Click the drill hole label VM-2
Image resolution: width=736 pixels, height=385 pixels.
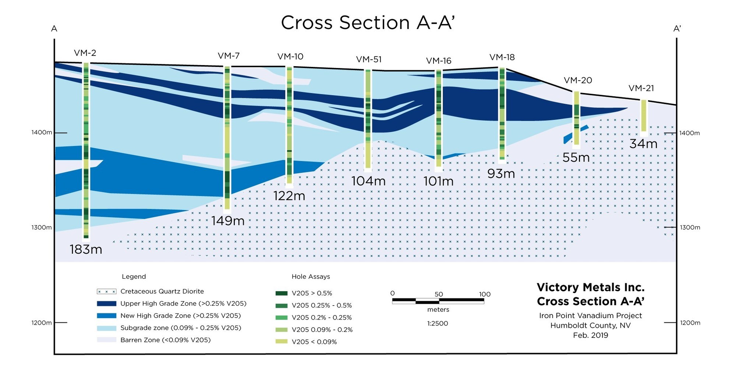(x=85, y=53)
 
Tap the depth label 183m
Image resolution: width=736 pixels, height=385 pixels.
(x=86, y=250)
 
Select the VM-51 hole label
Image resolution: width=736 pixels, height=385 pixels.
(x=369, y=60)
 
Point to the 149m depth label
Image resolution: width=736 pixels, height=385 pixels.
(x=228, y=221)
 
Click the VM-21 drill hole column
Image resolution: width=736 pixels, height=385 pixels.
(x=644, y=115)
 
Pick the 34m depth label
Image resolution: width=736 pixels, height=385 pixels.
(x=643, y=144)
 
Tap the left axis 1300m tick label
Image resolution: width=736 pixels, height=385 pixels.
(x=42, y=228)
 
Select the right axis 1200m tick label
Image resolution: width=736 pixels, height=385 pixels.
(x=690, y=323)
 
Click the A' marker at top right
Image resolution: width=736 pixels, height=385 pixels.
(x=677, y=29)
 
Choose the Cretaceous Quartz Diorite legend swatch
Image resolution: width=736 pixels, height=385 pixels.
(x=106, y=292)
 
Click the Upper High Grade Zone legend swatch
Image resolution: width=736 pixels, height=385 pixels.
(x=106, y=304)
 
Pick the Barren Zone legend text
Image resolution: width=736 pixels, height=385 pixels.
(x=165, y=340)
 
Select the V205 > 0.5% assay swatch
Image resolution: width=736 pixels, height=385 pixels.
(x=282, y=293)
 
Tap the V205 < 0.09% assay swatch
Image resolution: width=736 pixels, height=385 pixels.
(x=282, y=342)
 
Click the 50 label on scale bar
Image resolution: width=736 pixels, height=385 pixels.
(x=439, y=294)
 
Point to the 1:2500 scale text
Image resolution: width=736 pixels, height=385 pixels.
(x=438, y=324)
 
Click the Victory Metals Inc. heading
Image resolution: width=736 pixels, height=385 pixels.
(x=590, y=287)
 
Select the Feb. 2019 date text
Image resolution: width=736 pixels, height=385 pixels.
(x=590, y=335)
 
